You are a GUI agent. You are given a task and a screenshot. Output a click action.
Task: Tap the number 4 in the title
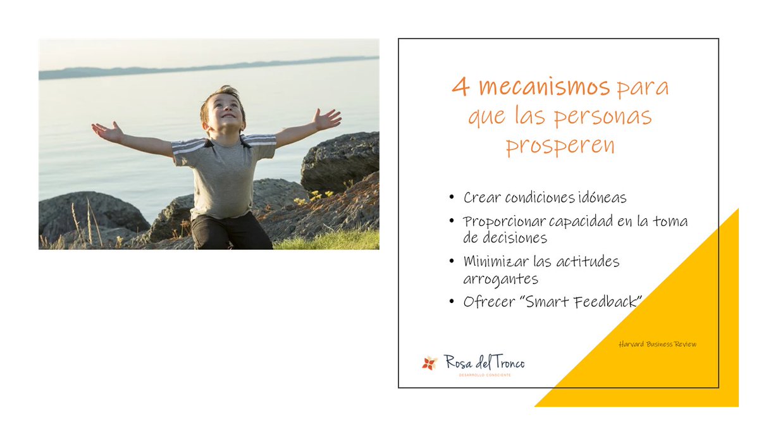[x=461, y=87]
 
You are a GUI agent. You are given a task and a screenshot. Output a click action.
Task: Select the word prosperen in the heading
[x=560, y=145]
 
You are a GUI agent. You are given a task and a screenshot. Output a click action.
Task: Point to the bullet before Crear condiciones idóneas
[x=452, y=198]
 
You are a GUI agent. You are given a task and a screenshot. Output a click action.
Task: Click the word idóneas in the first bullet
[x=601, y=198]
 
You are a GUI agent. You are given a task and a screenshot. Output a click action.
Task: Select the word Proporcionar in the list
[x=502, y=222]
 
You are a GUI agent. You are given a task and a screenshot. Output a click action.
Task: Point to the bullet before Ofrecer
[x=452, y=302]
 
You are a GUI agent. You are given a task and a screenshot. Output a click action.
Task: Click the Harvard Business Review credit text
[x=658, y=344]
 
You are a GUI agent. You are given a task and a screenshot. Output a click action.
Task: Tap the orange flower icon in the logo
[x=430, y=363]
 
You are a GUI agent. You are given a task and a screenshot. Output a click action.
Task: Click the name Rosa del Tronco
[x=484, y=362]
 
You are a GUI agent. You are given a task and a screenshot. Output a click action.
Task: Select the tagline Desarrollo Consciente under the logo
[x=484, y=375]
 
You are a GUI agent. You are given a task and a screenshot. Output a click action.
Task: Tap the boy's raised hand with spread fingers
[x=327, y=118]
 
